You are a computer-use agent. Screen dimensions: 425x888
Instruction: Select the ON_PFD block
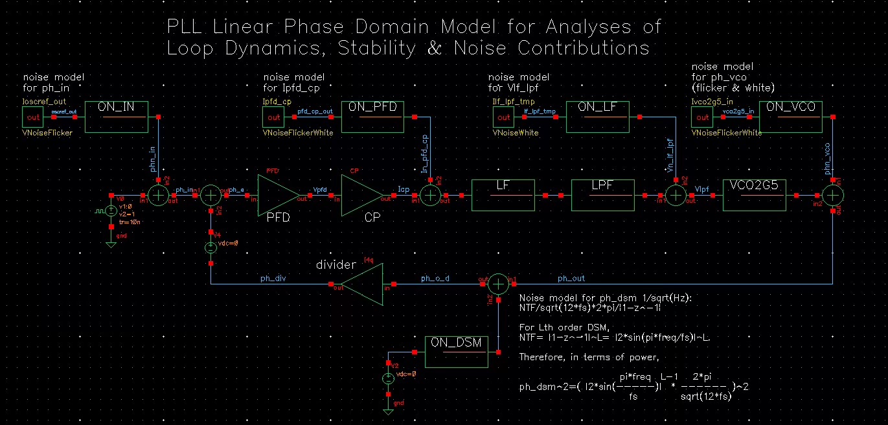click(x=372, y=117)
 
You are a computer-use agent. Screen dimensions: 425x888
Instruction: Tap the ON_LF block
click(x=597, y=117)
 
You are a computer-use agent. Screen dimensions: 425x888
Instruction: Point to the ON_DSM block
click(x=457, y=352)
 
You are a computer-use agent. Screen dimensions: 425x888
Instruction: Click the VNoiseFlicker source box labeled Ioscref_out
click(x=32, y=117)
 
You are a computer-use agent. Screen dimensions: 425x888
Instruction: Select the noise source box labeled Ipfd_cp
click(x=273, y=117)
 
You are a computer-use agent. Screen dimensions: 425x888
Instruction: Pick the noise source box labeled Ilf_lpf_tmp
click(x=503, y=117)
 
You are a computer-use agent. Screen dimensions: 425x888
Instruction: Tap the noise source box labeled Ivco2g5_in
click(x=702, y=117)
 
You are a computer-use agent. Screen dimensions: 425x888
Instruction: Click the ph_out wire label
click(x=571, y=279)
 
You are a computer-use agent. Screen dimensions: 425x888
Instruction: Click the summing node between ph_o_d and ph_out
click(x=497, y=284)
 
